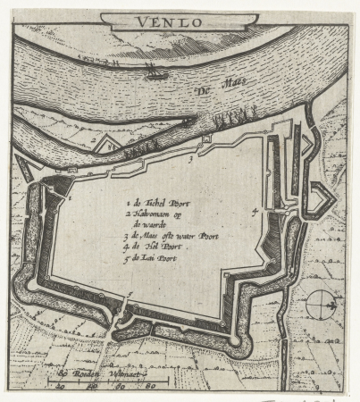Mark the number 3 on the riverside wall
tap(190, 155)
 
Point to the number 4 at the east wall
tap(255, 211)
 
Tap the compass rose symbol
tap(319, 305)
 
